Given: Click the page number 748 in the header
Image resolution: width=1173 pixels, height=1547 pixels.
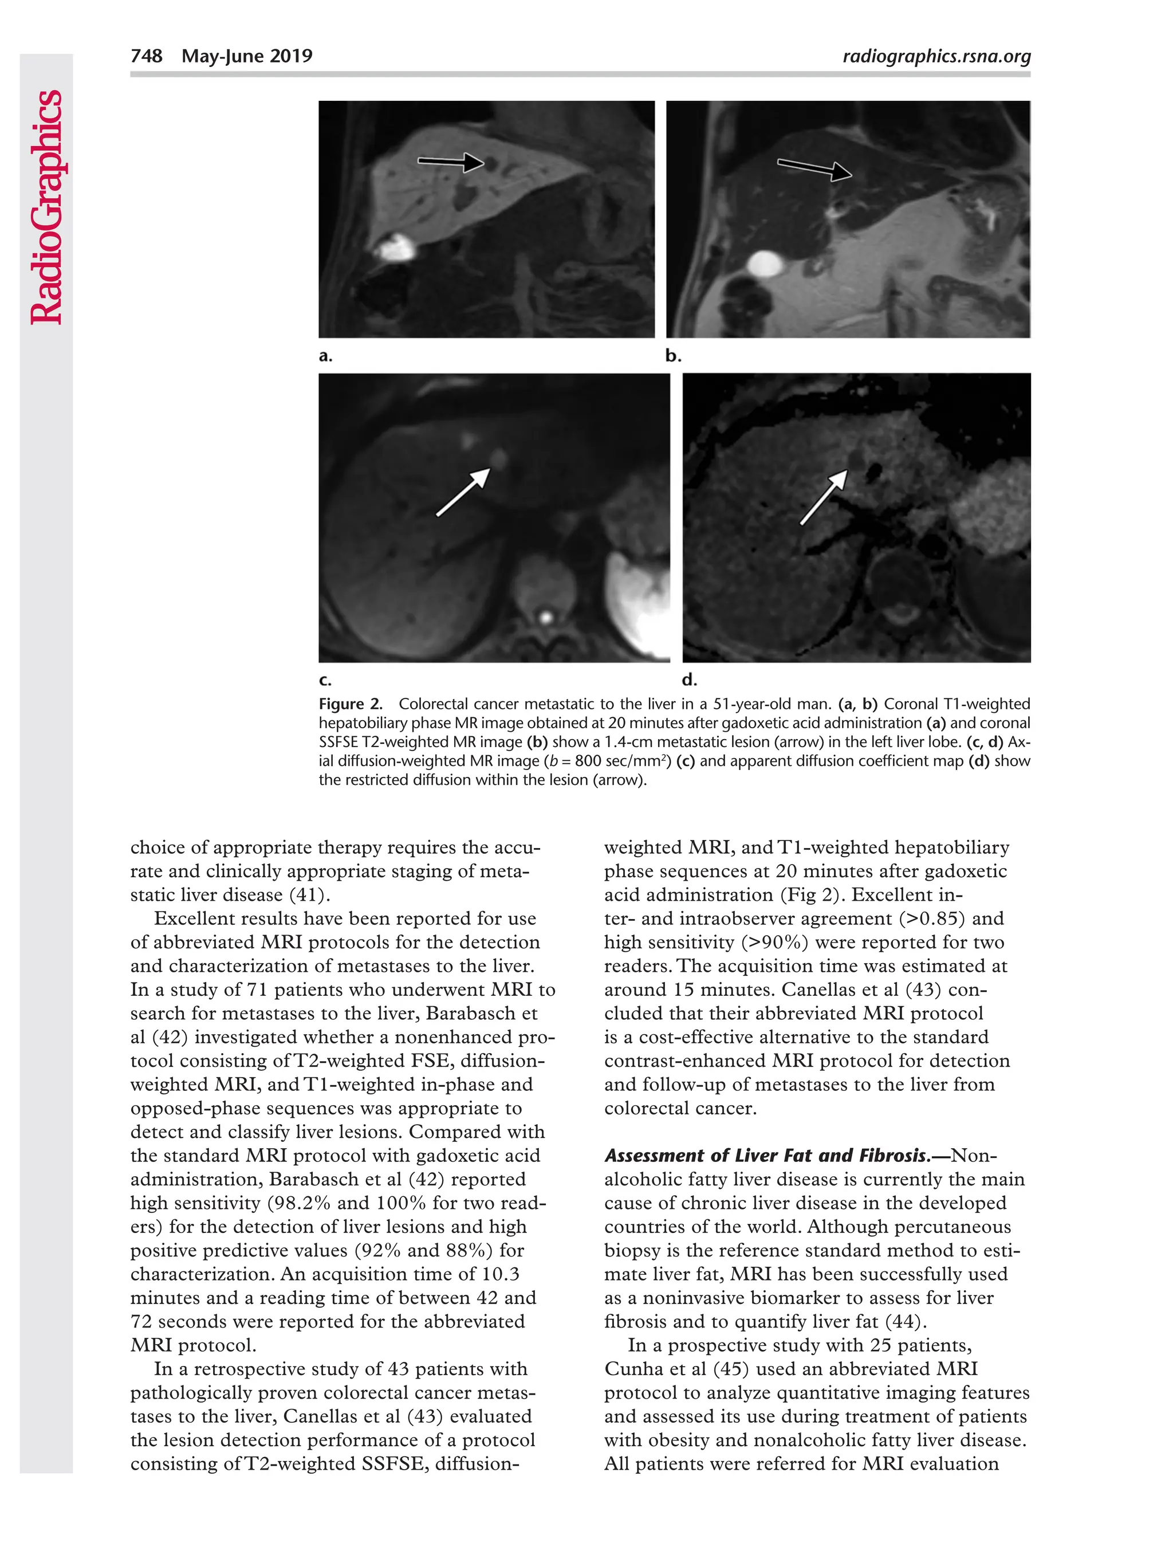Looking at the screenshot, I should coord(146,56).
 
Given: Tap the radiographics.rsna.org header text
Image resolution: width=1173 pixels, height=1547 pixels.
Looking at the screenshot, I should coord(936,56).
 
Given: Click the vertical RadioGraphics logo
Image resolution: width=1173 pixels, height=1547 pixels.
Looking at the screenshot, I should coord(47,207).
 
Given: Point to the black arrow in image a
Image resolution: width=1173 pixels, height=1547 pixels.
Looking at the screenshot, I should coord(450,162).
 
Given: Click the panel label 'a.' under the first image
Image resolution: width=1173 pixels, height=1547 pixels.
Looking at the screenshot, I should coord(325,356).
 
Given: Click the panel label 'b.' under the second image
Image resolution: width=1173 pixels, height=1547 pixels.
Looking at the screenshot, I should coord(672,356).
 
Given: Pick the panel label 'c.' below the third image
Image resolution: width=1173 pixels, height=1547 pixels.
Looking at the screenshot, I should coord(325,680).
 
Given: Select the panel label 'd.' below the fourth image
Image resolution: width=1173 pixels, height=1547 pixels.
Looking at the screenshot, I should coord(688,680).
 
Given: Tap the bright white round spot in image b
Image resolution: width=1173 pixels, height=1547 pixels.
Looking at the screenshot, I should coord(764,264).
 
